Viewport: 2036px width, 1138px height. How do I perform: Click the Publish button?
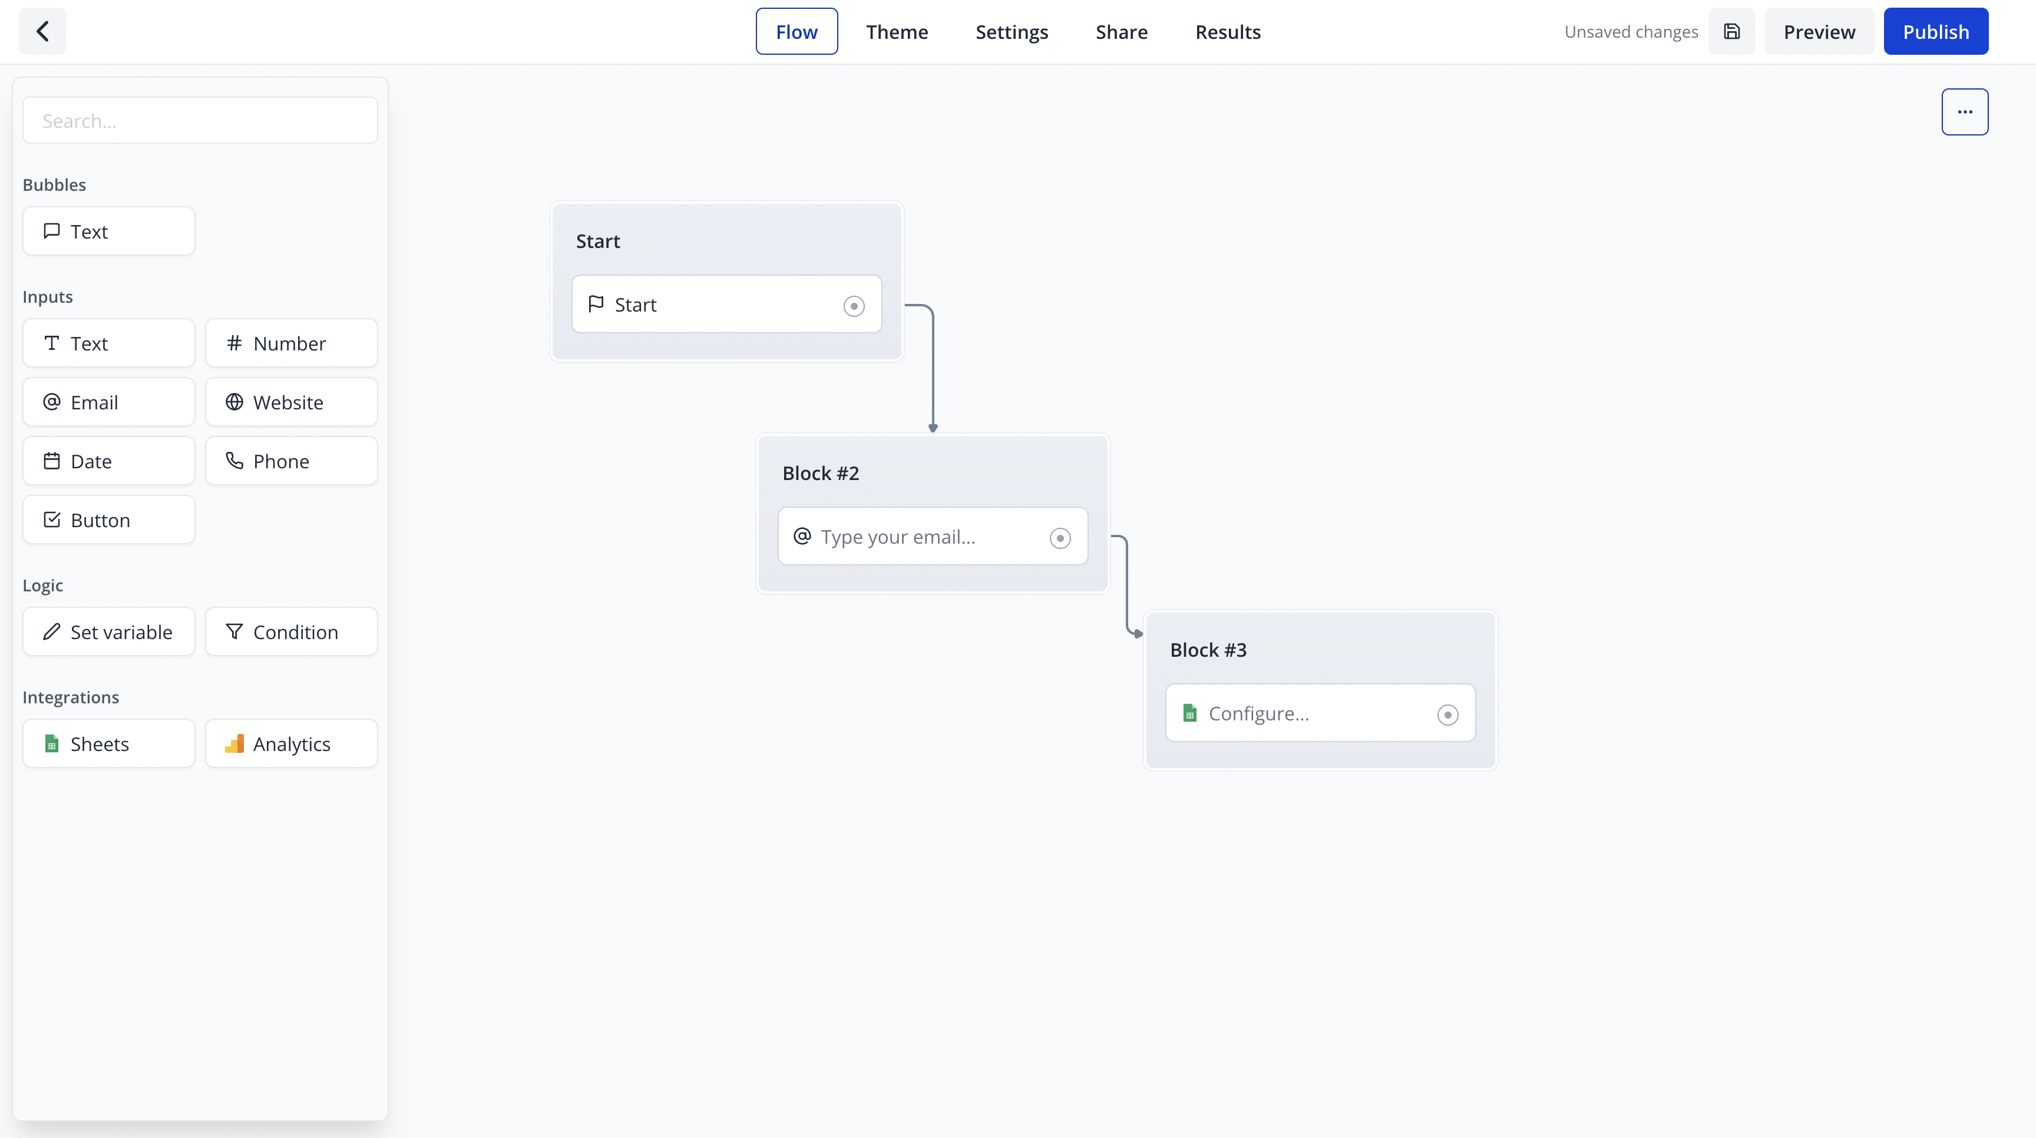point(1936,32)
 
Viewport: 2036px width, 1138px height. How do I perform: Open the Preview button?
point(1819,32)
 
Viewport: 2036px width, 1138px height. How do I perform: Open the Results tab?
point(1228,32)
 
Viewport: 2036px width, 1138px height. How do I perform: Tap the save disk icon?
point(1731,32)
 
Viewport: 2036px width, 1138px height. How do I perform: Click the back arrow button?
point(42,32)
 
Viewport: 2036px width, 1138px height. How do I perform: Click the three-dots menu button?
point(1965,113)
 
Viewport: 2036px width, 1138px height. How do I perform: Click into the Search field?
point(200,120)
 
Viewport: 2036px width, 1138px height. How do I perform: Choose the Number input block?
point(292,343)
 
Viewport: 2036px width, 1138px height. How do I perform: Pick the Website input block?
point(292,402)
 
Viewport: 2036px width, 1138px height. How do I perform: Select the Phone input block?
point(292,461)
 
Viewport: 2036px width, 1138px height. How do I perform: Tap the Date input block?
point(109,461)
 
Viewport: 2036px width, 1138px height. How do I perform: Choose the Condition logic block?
point(292,631)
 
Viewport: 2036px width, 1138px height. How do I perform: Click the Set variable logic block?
point(109,631)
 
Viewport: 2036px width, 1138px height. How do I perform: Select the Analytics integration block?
point(292,744)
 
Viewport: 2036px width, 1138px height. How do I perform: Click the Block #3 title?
point(1208,650)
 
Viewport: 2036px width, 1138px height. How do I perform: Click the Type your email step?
point(933,537)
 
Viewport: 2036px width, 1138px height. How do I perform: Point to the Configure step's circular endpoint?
point(1447,715)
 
